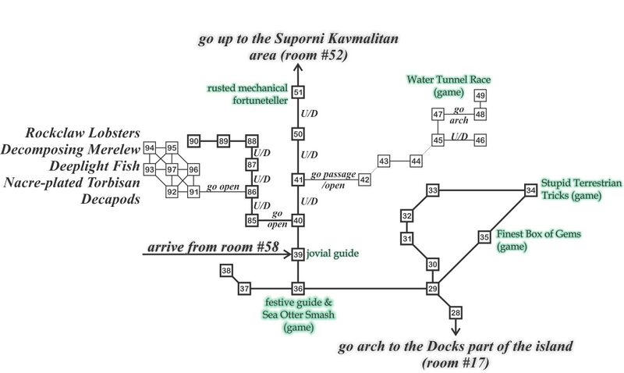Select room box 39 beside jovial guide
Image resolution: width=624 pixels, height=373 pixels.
(298, 254)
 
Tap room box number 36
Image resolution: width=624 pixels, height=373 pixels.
(298, 289)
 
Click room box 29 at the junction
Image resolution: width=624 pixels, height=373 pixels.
(434, 289)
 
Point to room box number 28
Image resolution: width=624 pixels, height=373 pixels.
(456, 313)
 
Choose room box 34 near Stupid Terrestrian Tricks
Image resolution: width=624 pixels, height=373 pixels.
(531, 190)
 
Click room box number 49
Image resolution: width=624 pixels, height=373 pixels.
(480, 96)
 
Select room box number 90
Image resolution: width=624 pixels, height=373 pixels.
(194, 140)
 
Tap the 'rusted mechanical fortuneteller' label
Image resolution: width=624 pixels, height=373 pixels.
(246, 94)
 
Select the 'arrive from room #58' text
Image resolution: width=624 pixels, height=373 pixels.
(209, 248)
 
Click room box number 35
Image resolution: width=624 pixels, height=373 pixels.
(484, 236)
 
